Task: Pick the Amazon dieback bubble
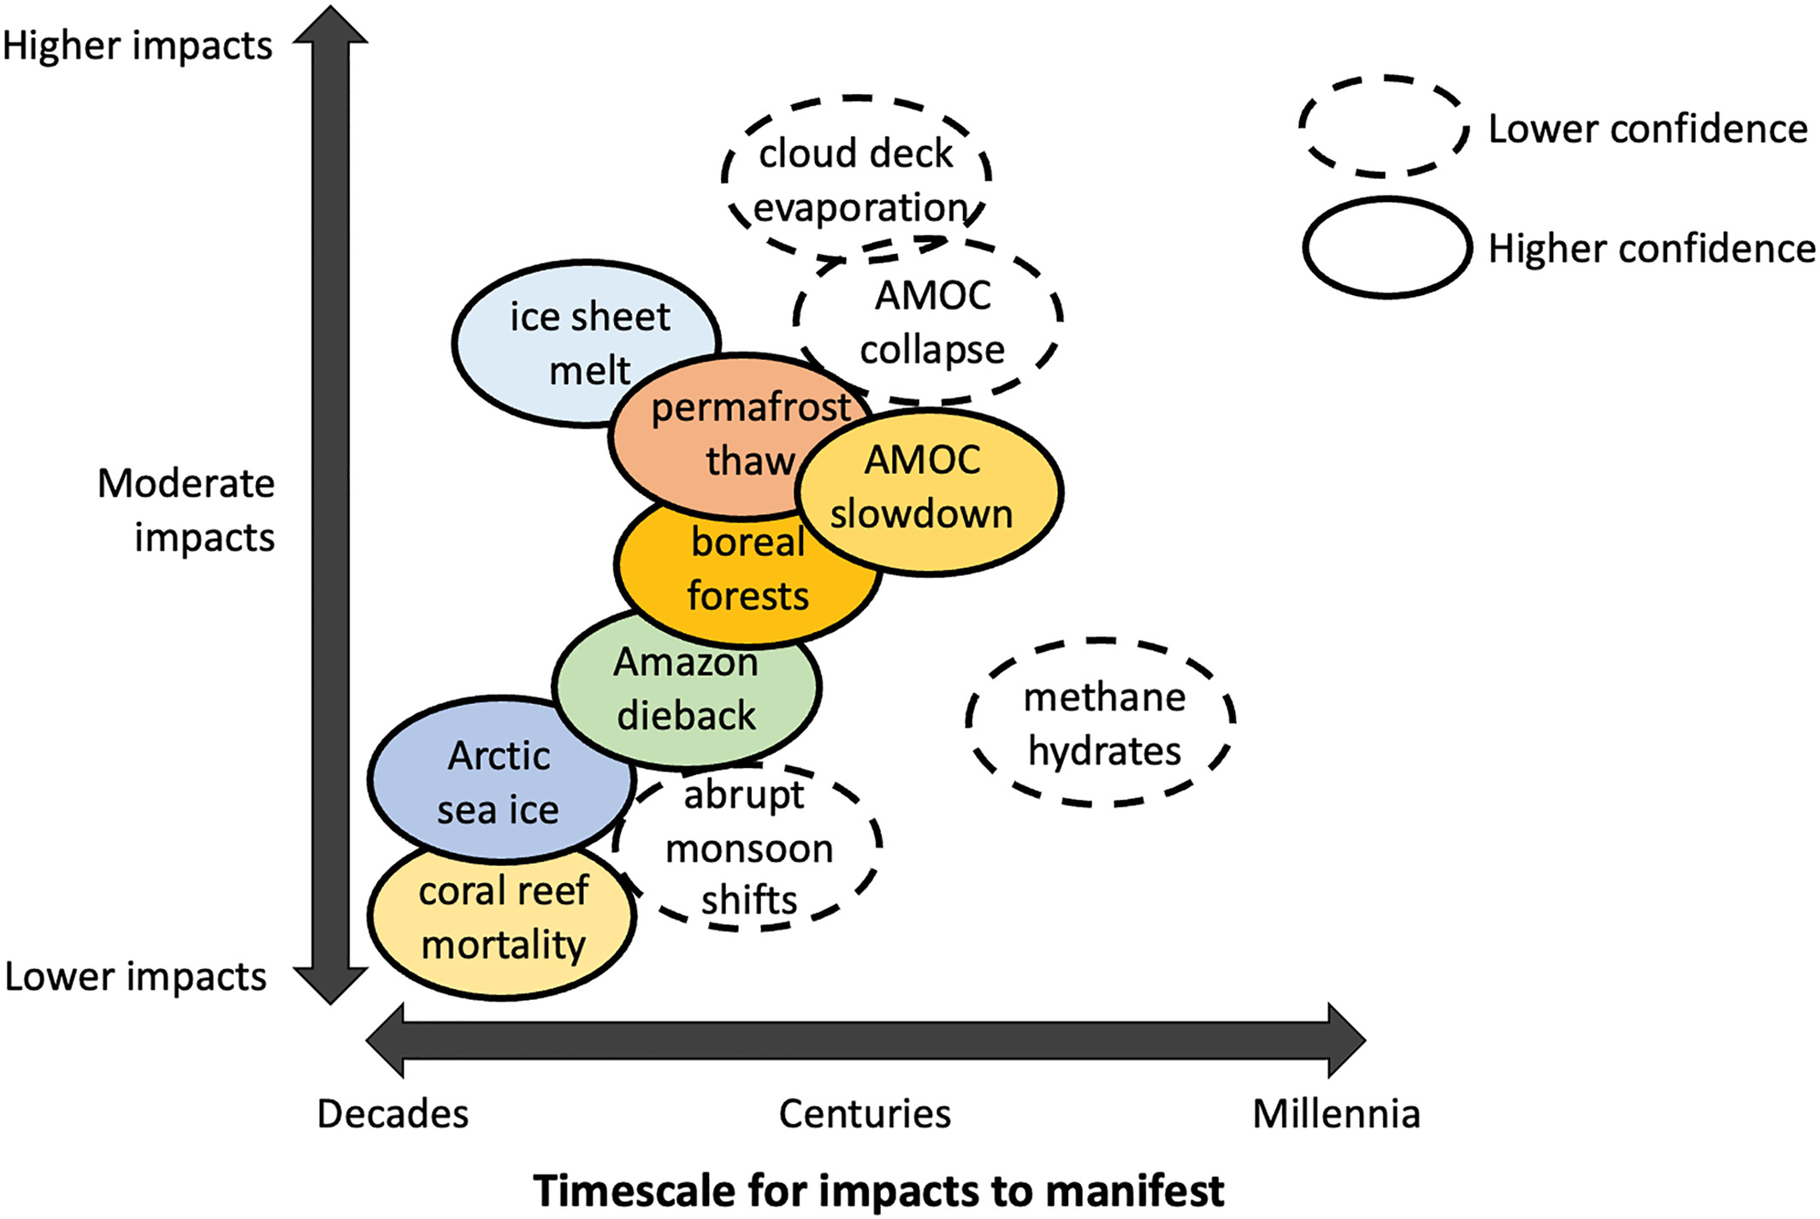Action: pos(687,689)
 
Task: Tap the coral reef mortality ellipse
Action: pos(503,920)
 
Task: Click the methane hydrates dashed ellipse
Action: pos(1102,724)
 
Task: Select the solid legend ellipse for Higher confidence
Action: pos(1387,248)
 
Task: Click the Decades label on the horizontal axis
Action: pos(393,1114)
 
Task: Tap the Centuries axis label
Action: pos(865,1114)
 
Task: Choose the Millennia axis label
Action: pos(1336,1114)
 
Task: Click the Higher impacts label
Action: pos(137,45)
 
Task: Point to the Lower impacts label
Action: pos(135,976)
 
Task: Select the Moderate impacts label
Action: pos(187,511)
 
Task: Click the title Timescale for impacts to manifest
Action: pos(878,1190)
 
